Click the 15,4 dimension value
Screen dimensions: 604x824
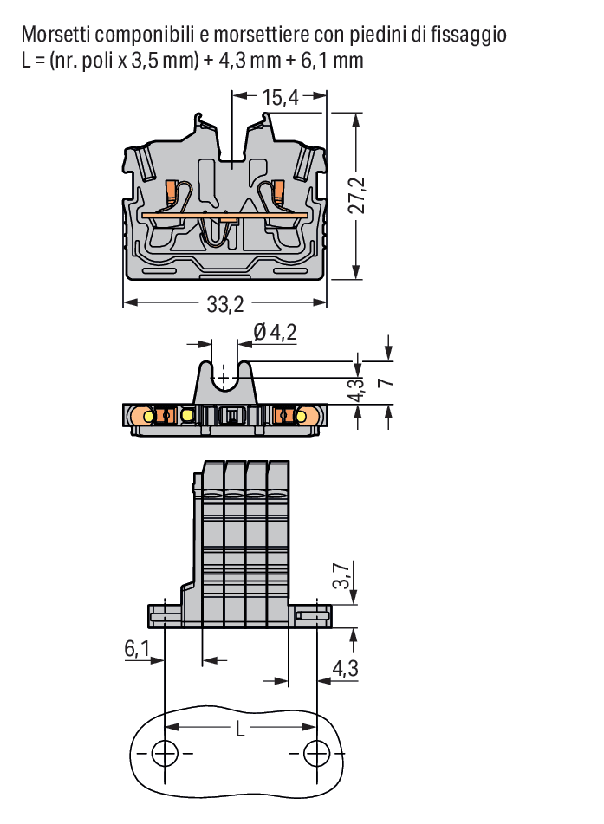pyautogui.click(x=280, y=97)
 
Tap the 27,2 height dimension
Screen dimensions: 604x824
pyautogui.click(x=357, y=195)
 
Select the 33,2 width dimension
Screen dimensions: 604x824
pyautogui.click(x=225, y=304)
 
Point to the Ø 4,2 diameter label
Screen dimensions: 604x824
pyautogui.click(x=275, y=332)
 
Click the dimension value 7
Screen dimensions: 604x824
pyautogui.click(x=386, y=382)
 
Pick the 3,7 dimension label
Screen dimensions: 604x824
pyautogui.click(x=341, y=575)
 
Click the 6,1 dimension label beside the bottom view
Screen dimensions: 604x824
pyautogui.click(x=137, y=648)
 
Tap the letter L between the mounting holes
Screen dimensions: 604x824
pyautogui.click(x=240, y=729)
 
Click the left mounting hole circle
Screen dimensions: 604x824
pyautogui.click(x=165, y=754)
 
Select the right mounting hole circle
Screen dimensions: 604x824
pyautogui.click(x=317, y=754)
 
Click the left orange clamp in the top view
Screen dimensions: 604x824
pyautogui.click(x=172, y=192)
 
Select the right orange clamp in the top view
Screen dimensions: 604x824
pyautogui.click(x=278, y=192)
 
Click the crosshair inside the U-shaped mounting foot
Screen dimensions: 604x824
pyautogui.click(x=224, y=378)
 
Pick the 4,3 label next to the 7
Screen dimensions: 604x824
pyautogui.click(x=357, y=390)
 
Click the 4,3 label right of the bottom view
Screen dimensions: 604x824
pyautogui.click(x=346, y=668)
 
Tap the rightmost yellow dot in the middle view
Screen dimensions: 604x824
pyautogui.click(x=302, y=416)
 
